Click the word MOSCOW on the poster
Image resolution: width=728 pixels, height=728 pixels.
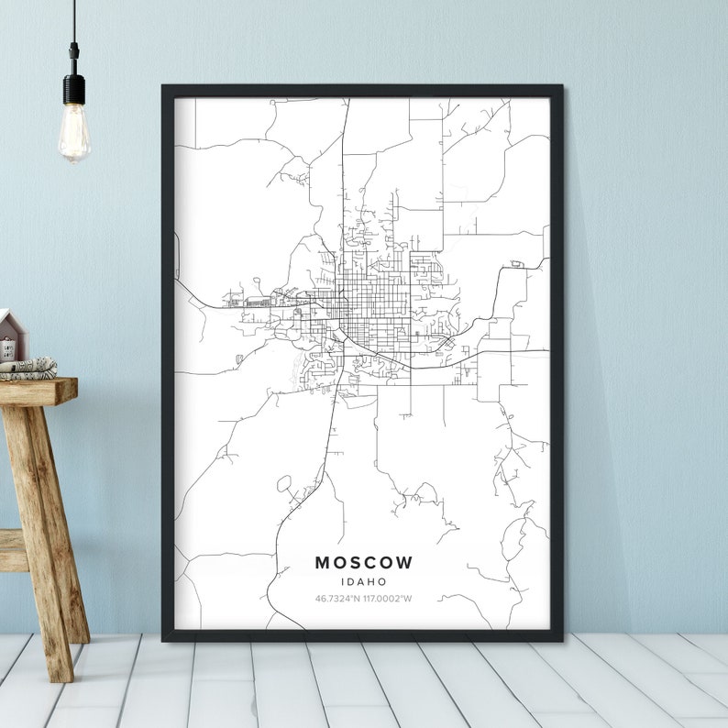coord(364,562)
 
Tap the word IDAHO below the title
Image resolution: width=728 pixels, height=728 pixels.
coord(364,581)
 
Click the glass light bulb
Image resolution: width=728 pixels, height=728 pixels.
coord(74,133)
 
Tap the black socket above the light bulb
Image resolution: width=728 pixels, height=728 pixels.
coord(74,89)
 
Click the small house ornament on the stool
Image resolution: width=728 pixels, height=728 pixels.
coord(11,336)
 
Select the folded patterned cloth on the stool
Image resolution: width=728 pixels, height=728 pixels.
coord(28,369)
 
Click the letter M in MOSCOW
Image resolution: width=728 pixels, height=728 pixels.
coord(323,562)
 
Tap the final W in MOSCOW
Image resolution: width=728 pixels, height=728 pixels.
coord(405,562)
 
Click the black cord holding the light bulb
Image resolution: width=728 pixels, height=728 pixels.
coord(74,37)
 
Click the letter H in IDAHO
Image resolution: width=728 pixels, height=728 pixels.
coord(373,581)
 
